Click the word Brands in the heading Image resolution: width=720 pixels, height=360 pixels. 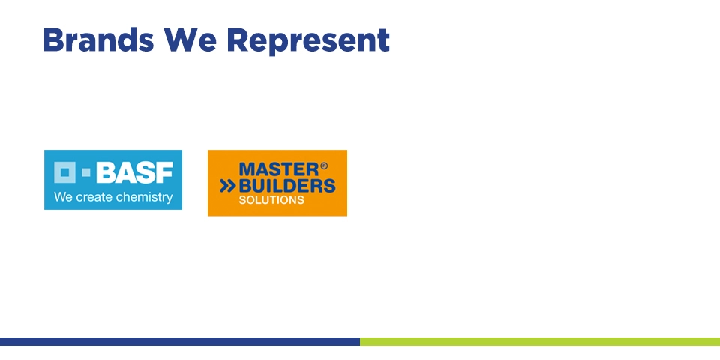[98, 40]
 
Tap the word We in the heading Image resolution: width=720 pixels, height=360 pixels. [190, 40]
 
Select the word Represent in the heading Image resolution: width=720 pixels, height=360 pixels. [308, 41]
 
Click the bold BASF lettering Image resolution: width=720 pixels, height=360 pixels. [134, 172]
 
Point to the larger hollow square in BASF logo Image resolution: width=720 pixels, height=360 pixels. [64, 172]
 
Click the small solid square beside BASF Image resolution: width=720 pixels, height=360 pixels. [85, 172]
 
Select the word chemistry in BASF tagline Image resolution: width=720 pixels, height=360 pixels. [145, 198]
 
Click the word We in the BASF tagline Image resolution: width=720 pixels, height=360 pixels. [63, 197]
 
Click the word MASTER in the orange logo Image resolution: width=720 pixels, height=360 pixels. [279, 169]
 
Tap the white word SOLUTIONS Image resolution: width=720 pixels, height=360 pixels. [271, 200]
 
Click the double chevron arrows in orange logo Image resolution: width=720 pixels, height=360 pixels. [228, 186]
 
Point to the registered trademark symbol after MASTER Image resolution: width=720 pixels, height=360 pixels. [324, 166]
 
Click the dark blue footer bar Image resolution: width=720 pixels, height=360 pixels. [180, 342]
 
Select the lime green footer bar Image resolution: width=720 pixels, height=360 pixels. [540, 342]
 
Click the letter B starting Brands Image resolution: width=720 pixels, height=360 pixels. [52, 40]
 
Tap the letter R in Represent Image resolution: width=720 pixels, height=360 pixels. [238, 40]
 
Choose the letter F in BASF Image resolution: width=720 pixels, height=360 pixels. [164, 172]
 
